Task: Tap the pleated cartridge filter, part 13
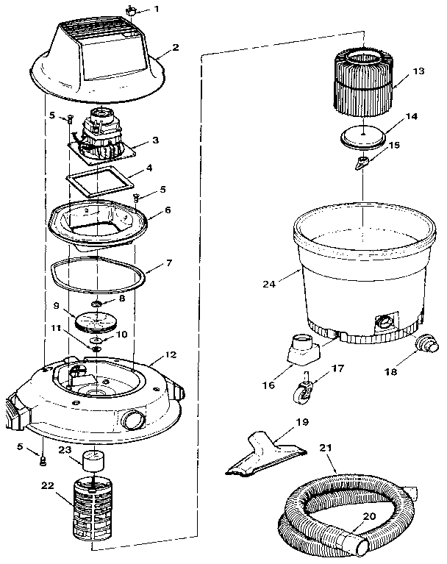(362, 83)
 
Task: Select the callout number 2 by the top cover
(175, 47)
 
